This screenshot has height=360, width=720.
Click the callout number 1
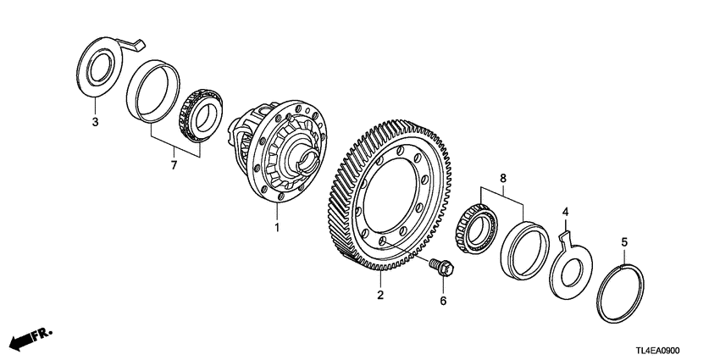275,228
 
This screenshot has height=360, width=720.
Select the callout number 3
95,123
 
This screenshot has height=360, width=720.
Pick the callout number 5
624,242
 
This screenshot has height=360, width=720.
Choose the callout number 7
174,165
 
